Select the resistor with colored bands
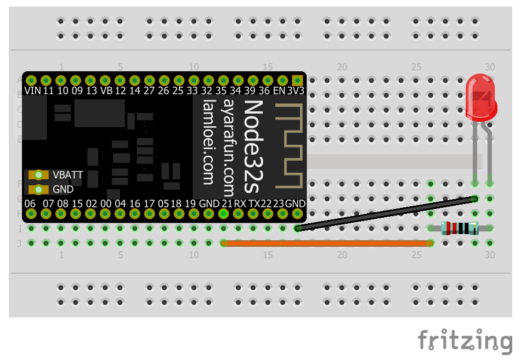(x=460, y=228)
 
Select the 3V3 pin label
(x=297, y=90)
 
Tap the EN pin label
(x=280, y=90)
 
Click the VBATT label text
(x=68, y=175)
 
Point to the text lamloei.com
(x=208, y=142)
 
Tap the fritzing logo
(x=465, y=340)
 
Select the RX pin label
(x=240, y=203)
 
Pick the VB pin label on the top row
(x=106, y=90)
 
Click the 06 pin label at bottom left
(x=31, y=203)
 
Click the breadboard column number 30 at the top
(x=489, y=67)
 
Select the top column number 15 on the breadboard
(x=267, y=67)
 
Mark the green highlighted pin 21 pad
(x=223, y=213)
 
